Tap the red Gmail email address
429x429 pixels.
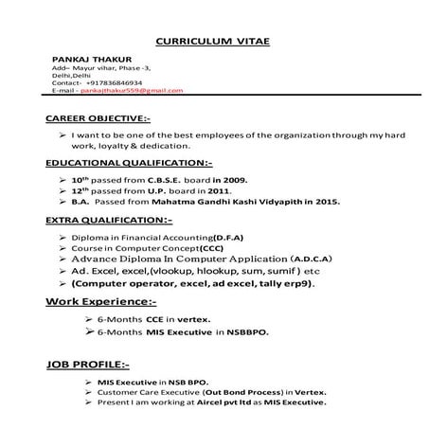133,90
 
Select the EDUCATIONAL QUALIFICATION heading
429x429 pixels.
129,164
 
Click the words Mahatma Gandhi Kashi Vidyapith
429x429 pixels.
240,203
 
